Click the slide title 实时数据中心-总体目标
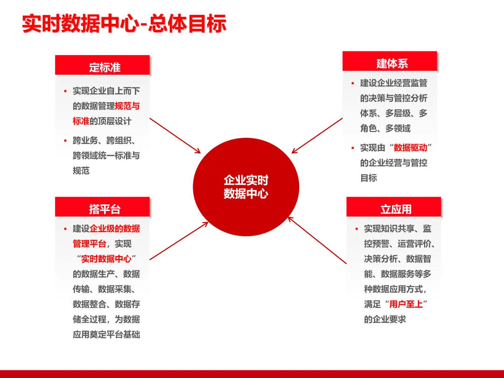pyautogui.click(x=124, y=24)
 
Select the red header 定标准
pyautogui.click(x=105, y=67)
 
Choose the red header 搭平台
pyautogui.click(x=105, y=209)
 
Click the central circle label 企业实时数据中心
pyautogui.click(x=246, y=187)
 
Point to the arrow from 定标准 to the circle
pyautogui.click(x=175, y=135)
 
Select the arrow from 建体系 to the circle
pyautogui.click(x=317, y=135)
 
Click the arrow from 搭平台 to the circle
pyautogui.click(x=178, y=240)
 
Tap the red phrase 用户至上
pyautogui.click(x=406, y=304)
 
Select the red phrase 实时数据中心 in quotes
pyautogui.click(x=106, y=259)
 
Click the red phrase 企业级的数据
pyautogui.click(x=115, y=229)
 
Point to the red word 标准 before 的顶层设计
pyautogui.click(x=81, y=121)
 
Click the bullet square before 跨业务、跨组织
pyautogui.click(x=65, y=140)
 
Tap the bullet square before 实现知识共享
pyautogui.click(x=357, y=229)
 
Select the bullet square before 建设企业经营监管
pyautogui.click(x=353, y=84)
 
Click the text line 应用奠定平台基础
pyautogui.click(x=106, y=334)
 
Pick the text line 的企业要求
pyautogui.click(x=385, y=319)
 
